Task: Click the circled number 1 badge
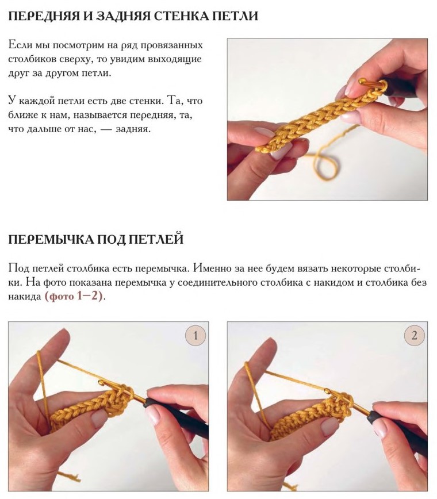(x=195, y=336)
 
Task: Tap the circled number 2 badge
(x=415, y=336)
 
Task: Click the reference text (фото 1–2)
(x=74, y=297)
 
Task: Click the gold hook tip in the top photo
(x=362, y=81)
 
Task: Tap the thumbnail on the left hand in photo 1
(x=99, y=419)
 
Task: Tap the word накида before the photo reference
(x=25, y=297)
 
